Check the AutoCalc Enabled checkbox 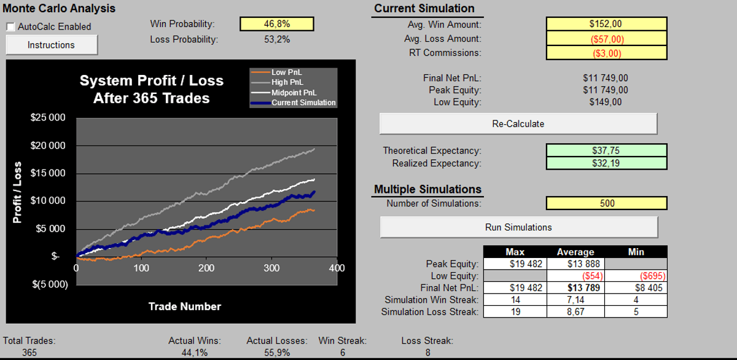[x=11, y=27]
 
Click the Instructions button [x=52, y=45]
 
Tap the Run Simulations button [x=518, y=227]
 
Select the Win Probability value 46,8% [x=277, y=24]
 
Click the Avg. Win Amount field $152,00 [x=606, y=25]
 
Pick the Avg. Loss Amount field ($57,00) [x=606, y=39]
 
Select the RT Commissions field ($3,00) [x=606, y=53]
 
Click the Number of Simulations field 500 [x=607, y=203]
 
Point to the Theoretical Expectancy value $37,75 [x=606, y=151]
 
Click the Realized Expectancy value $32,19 [x=606, y=163]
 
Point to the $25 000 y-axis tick [x=49, y=118]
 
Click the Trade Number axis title [x=184, y=306]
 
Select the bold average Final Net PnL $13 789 [x=575, y=288]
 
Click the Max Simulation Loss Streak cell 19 [x=515, y=312]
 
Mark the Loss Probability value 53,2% [x=277, y=39]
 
